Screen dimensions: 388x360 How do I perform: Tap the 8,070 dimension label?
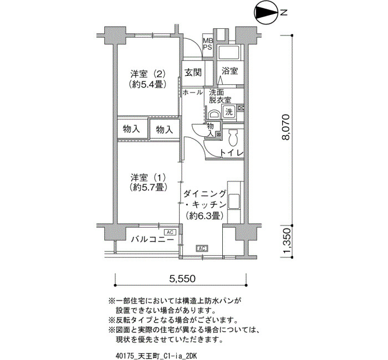(x=286, y=127)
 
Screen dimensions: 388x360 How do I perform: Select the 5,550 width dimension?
(x=182, y=279)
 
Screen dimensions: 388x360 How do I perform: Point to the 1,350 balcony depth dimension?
(x=286, y=241)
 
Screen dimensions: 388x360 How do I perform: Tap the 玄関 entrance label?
(x=193, y=72)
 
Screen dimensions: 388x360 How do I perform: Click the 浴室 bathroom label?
(x=229, y=71)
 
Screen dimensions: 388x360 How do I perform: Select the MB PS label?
(x=208, y=44)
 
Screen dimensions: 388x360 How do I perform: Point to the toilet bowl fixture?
(x=233, y=138)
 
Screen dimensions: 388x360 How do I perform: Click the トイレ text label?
(x=232, y=153)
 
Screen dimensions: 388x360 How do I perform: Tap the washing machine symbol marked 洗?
(x=228, y=112)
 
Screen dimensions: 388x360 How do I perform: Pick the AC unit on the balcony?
(x=170, y=233)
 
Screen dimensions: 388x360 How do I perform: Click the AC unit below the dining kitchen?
(x=202, y=248)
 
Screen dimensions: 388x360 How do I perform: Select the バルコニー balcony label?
(x=152, y=240)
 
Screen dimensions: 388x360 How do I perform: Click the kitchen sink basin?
(x=233, y=201)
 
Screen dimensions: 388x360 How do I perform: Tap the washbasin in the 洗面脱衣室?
(x=214, y=115)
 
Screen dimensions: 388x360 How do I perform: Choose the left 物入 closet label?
(x=131, y=129)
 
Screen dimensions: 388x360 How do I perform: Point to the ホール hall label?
(x=192, y=92)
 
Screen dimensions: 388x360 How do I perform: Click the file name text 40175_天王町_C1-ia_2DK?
(x=156, y=356)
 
